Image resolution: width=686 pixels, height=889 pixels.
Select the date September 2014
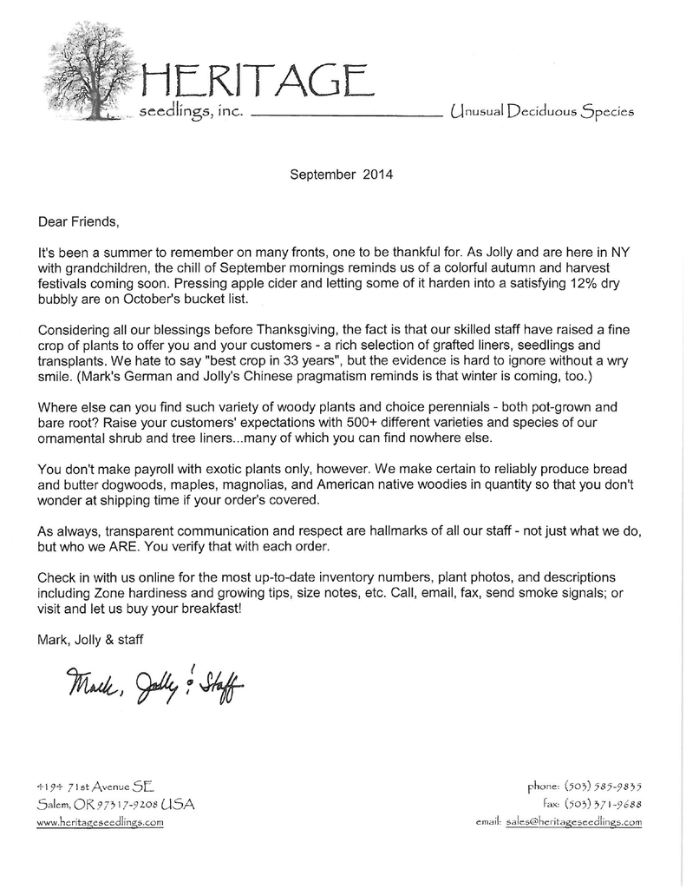coord(342,173)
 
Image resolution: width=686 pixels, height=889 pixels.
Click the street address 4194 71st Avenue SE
coord(95,785)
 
